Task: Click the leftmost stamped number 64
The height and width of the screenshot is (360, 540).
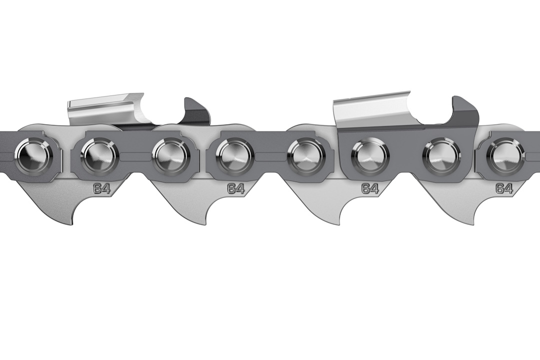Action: [x=101, y=189]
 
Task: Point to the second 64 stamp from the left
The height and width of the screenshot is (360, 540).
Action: [x=236, y=189]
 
